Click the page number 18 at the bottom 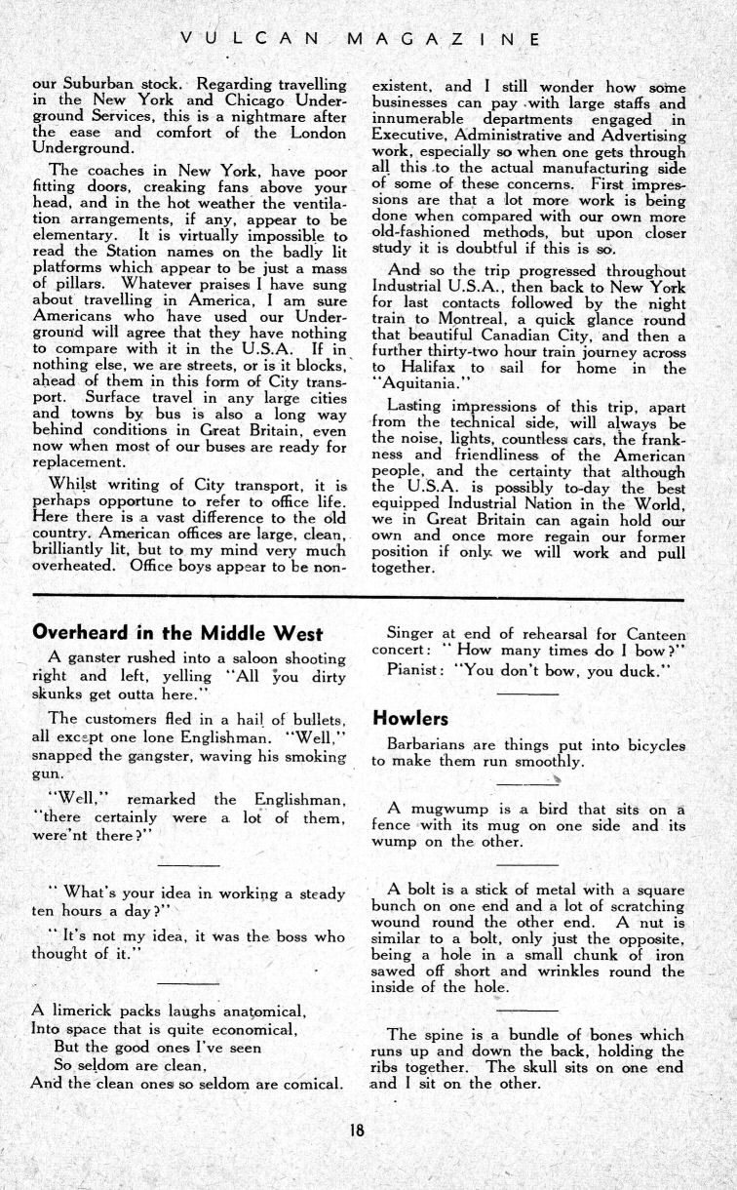[358, 1131]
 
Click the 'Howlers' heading [409, 719]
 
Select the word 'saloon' [233, 657]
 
